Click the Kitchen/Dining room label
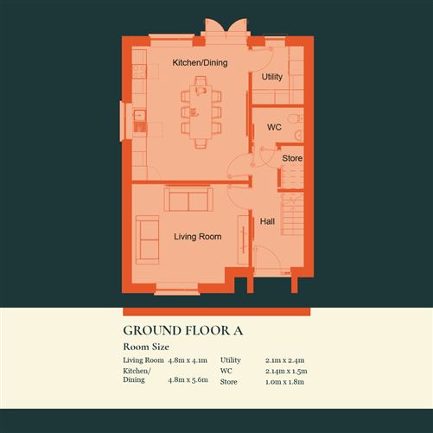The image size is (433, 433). [x=199, y=63]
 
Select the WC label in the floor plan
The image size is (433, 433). [x=274, y=127]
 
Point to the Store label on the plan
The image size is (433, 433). [x=292, y=159]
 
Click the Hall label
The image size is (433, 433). [x=267, y=222]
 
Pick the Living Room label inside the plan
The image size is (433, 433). [x=197, y=237]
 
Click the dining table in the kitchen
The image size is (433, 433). [x=201, y=112]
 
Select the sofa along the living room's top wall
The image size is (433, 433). [x=188, y=201]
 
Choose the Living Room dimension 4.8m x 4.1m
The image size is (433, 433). [x=189, y=360]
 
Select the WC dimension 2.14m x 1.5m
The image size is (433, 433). [x=288, y=371]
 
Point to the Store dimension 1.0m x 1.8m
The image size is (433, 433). [x=286, y=381]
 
